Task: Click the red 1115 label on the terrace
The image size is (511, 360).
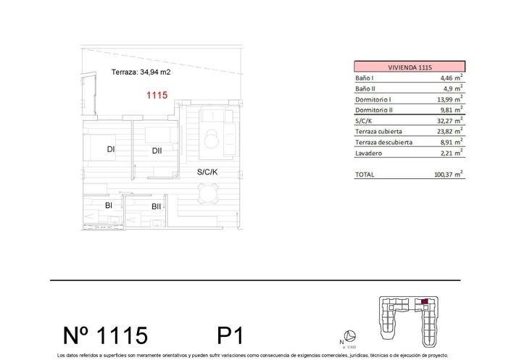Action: coord(157,95)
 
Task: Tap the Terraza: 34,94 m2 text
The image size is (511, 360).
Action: coord(141,72)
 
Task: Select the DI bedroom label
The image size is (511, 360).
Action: coord(111,150)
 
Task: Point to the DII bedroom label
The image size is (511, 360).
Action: coord(157,151)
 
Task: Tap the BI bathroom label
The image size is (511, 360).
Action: coord(109,206)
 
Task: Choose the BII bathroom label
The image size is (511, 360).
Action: coord(156,206)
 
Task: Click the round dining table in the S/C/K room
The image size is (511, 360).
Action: coord(209,192)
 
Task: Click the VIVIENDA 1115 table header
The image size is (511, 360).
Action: coord(410,67)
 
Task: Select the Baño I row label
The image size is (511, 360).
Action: coord(364,78)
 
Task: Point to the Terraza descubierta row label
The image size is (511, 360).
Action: coord(383,143)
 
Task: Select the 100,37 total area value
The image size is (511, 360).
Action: coord(444,175)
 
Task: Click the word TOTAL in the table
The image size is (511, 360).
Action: coord(366,175)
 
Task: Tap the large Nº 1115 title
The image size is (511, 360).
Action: coord(105,335)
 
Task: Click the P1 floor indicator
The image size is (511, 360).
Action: coord(230,335)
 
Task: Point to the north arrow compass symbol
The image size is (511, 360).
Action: coord(349,336)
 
